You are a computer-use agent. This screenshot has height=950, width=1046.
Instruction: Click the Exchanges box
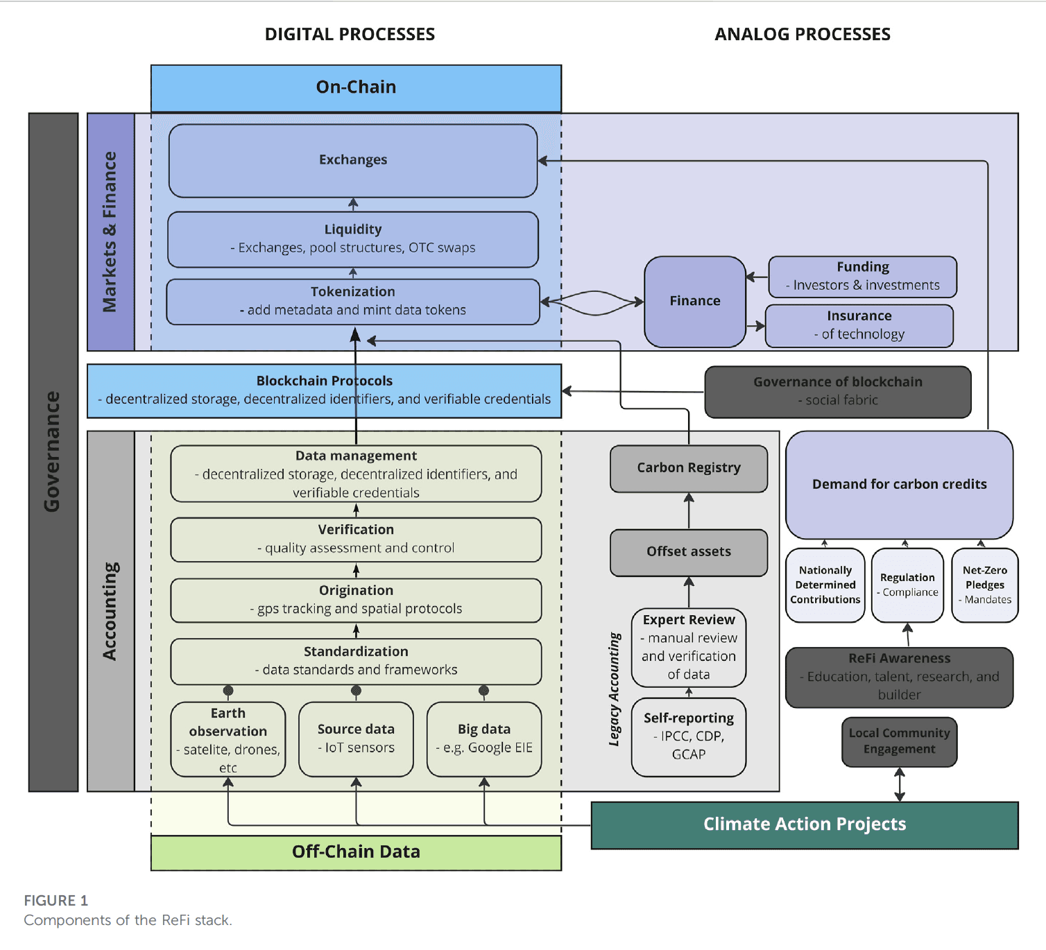tap(353, 160)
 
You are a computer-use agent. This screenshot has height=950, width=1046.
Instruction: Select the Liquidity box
tap(353, 239)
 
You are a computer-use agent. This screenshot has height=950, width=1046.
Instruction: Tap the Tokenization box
tap(353, 302)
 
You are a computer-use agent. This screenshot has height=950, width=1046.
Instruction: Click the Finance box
tap(695, 301)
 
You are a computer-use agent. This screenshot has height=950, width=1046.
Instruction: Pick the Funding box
tap(862, 276)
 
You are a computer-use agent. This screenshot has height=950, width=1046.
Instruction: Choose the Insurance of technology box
tap(859, 325)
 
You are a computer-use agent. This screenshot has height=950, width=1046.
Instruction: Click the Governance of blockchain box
tap(838, 392)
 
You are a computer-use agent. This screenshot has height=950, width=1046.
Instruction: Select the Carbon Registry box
tap(689, 468)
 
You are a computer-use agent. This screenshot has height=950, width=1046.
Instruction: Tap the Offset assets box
tap(689, 552)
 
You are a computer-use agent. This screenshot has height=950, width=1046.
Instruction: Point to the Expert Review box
tap(689, 647)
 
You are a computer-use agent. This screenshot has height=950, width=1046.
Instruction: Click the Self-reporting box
tap(689, 736)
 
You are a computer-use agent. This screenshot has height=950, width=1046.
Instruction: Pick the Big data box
tap(484, 739)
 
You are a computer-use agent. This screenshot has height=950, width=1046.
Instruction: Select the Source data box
tap(356, 739)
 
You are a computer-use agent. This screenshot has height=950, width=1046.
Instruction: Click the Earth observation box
tap(228, 739)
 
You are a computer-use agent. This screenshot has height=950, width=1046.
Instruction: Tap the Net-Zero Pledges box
tap(985, 585)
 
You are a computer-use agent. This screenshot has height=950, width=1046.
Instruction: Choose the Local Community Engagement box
tap(899, 741)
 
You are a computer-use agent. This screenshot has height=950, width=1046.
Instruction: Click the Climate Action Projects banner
tap(805, 824)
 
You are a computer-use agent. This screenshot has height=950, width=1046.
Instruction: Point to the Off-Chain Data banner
tap(356, 852)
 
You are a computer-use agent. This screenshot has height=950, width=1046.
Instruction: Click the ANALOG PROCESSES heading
tap(803, 35)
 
